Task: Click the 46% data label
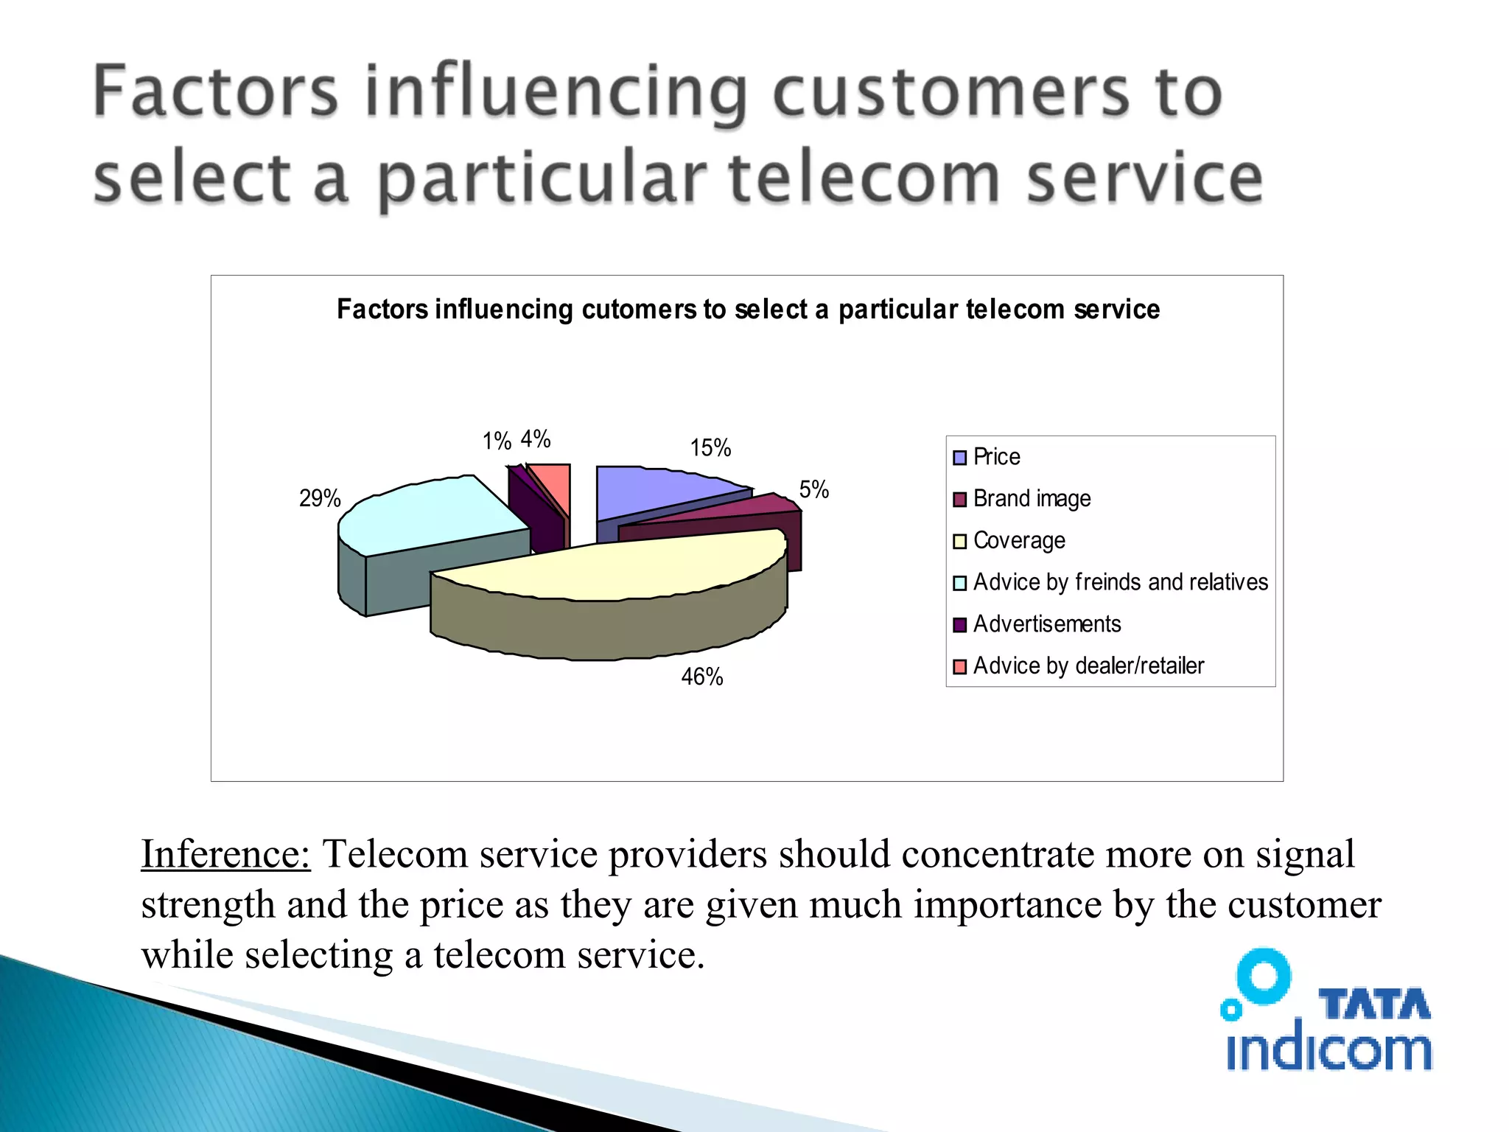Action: coord(701,677)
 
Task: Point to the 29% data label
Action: coord(320,499)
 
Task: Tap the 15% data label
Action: coord(710,448)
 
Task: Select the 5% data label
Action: coord(814,489)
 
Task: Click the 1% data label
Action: coord(497,441)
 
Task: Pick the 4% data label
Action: coord(536,439)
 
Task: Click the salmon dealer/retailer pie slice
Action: coord(554,483)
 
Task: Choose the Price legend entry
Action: coord(996,457)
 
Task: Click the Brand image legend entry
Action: coord(1032,499)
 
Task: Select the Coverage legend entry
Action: coord(1019,541)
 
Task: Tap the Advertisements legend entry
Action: coord(1046,624)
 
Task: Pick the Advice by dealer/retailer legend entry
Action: coord(1088,666)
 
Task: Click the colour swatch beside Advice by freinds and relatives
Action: coord(959,583)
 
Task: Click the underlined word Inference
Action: coord(225,855)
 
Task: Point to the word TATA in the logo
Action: coord(1374,1005)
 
